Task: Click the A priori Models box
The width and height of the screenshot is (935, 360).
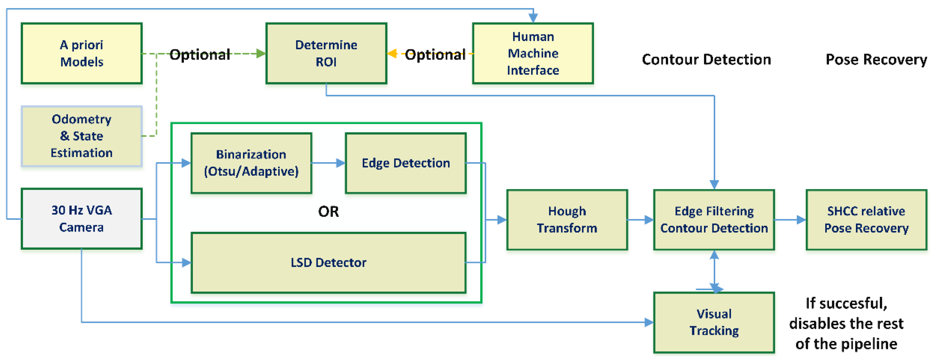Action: pyautogui.click(x=82, y=53)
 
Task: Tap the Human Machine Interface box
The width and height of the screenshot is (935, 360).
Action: pyautogui.click(x=533, y=53)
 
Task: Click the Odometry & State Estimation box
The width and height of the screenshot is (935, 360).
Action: pyautogui.click(x=82, y=136)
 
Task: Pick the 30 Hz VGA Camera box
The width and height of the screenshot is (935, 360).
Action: pyautogui.click(x=82, y=218)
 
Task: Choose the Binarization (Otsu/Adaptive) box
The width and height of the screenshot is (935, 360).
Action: pyautogui.click(x=251, y=163)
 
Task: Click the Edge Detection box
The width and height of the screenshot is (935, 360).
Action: pyautogui.click(x=405, y=163)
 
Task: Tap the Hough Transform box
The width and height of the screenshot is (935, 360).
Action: pyautogui.click(x=567, y=220)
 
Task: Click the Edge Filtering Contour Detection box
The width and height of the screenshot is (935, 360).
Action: pyautogui.click(x=714, y=220)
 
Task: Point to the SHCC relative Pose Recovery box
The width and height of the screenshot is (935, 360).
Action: pyautogui.click(x=866, y=220)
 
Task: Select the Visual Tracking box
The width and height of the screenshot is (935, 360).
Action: pyautogui.click(x=714, y=322)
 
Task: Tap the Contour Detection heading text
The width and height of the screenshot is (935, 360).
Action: pyautogui.click(x=706, y=59)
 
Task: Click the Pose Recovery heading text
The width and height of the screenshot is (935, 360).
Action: pyautogui.click(x=876, y=59)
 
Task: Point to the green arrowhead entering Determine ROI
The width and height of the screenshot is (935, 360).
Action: pyautogui.click(x=261, y=54)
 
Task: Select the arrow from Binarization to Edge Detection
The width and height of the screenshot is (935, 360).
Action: pyautogui.click(x=328, y=163)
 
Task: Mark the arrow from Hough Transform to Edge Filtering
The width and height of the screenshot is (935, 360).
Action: pyautogui.click(x=640, y=220)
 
